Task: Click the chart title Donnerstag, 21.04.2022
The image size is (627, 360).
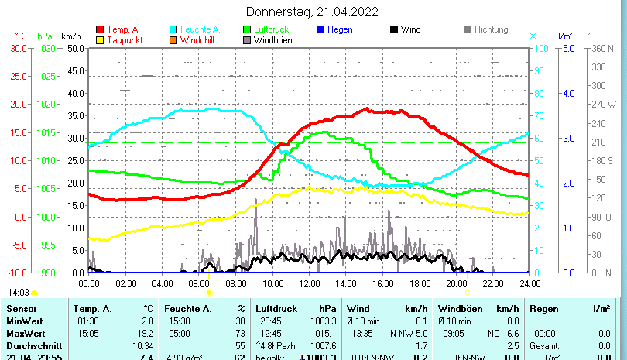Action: [313, 12]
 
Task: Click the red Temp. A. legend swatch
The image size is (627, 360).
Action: [100, 29]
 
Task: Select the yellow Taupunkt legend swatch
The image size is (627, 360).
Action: [100, 39]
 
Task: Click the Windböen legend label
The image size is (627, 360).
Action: [272, 39]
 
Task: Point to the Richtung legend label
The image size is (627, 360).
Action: [491, 29]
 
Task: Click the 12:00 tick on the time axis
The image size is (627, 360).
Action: [309, 283]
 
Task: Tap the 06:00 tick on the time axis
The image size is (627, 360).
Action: [199, 283]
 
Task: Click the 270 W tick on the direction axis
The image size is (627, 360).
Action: [603, 104]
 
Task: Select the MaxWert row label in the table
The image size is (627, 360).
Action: [26, 333]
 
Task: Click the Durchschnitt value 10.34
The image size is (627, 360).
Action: [143, 345]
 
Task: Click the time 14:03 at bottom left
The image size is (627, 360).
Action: [19, 293]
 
